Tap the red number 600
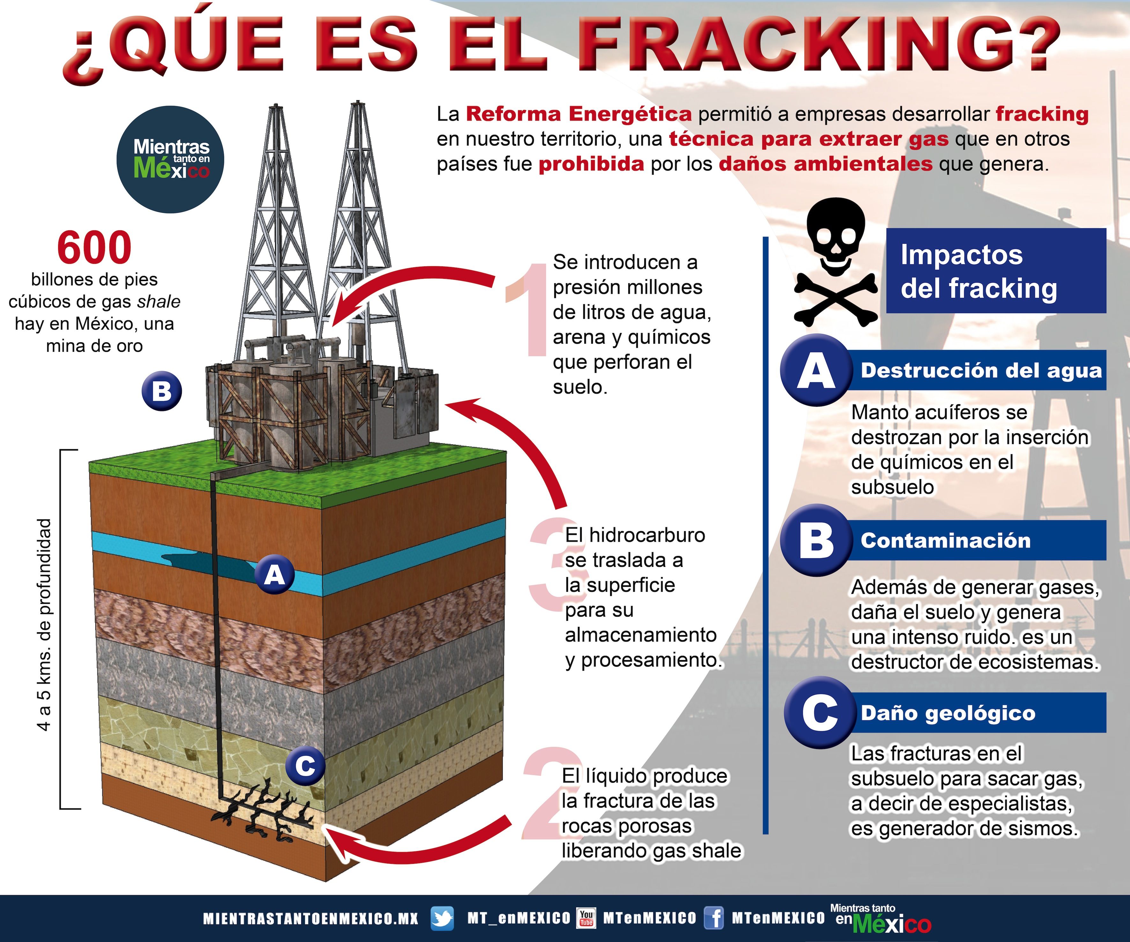[x=94, y=248]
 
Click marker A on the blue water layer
[x=274, y=575]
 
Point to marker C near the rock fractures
[x=305, y=766]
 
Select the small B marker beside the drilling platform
[x=161, y=391]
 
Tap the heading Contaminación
[x=945, y=540]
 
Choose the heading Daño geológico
[x=948, y=713]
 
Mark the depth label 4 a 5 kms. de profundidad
[x=45, y=624]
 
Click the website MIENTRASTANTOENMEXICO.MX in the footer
[x=310, y=919]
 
